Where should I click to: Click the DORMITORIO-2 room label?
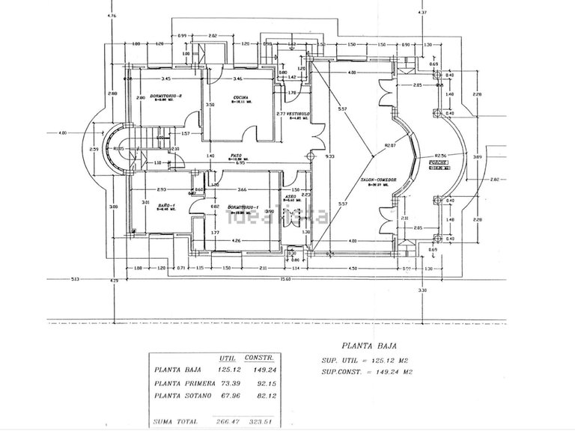[165, 96]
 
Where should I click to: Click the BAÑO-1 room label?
[165, 206]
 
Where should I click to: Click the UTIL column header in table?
[228, 358]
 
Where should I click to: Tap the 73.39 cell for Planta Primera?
[227, 382]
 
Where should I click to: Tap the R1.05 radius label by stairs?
[119, 149]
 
